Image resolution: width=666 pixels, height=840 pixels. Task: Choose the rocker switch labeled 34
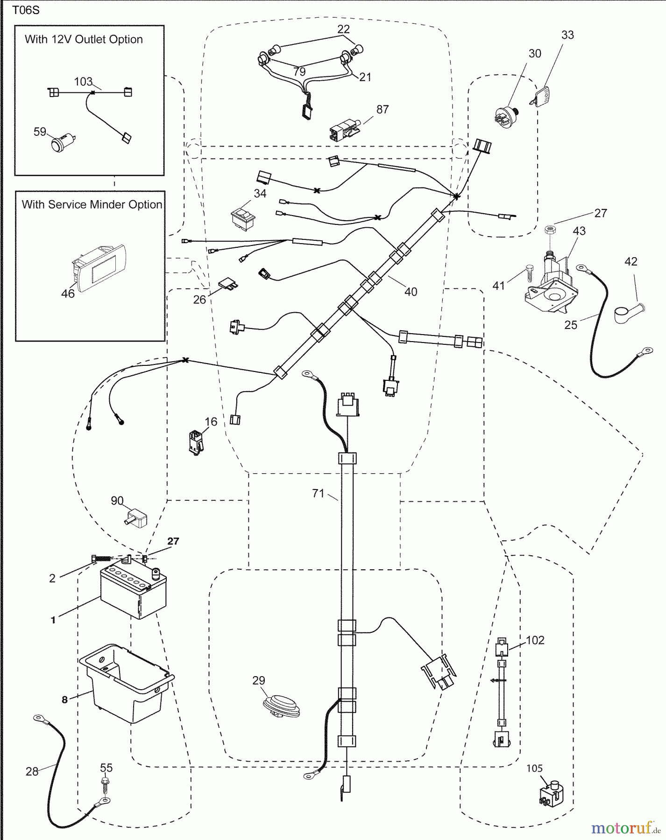coord(243,217)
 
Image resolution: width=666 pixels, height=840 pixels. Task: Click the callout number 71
coord(318,493)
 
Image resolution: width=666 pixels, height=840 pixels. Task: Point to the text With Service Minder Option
coord(92,204)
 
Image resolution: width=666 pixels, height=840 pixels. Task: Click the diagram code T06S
coord(26,10)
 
